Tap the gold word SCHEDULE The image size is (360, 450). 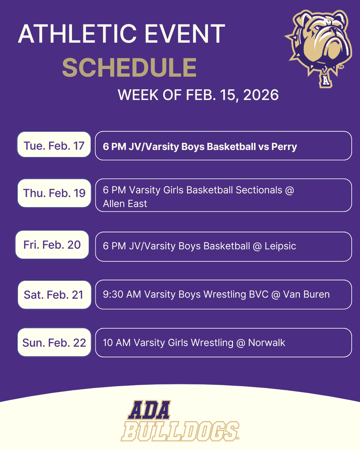coord(129,67)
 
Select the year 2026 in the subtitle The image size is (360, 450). coord(259,94)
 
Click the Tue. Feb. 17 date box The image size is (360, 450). coord(54,145)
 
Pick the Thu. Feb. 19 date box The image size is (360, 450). coord(54,193)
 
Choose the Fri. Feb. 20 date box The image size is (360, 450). coord(52,245)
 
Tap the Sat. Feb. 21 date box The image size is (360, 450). coord(54,294)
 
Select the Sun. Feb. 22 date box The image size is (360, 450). coord(54,342)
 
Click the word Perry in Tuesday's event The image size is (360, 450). coord(284,146)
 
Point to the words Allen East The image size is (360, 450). coord(125,203)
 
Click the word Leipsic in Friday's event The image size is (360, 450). coord(280,246)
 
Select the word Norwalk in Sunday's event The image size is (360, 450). coord(266,342)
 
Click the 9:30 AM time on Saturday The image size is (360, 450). coord(122,294)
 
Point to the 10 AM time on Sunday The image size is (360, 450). coord(116,342)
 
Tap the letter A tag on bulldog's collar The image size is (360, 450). coord(325,80)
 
